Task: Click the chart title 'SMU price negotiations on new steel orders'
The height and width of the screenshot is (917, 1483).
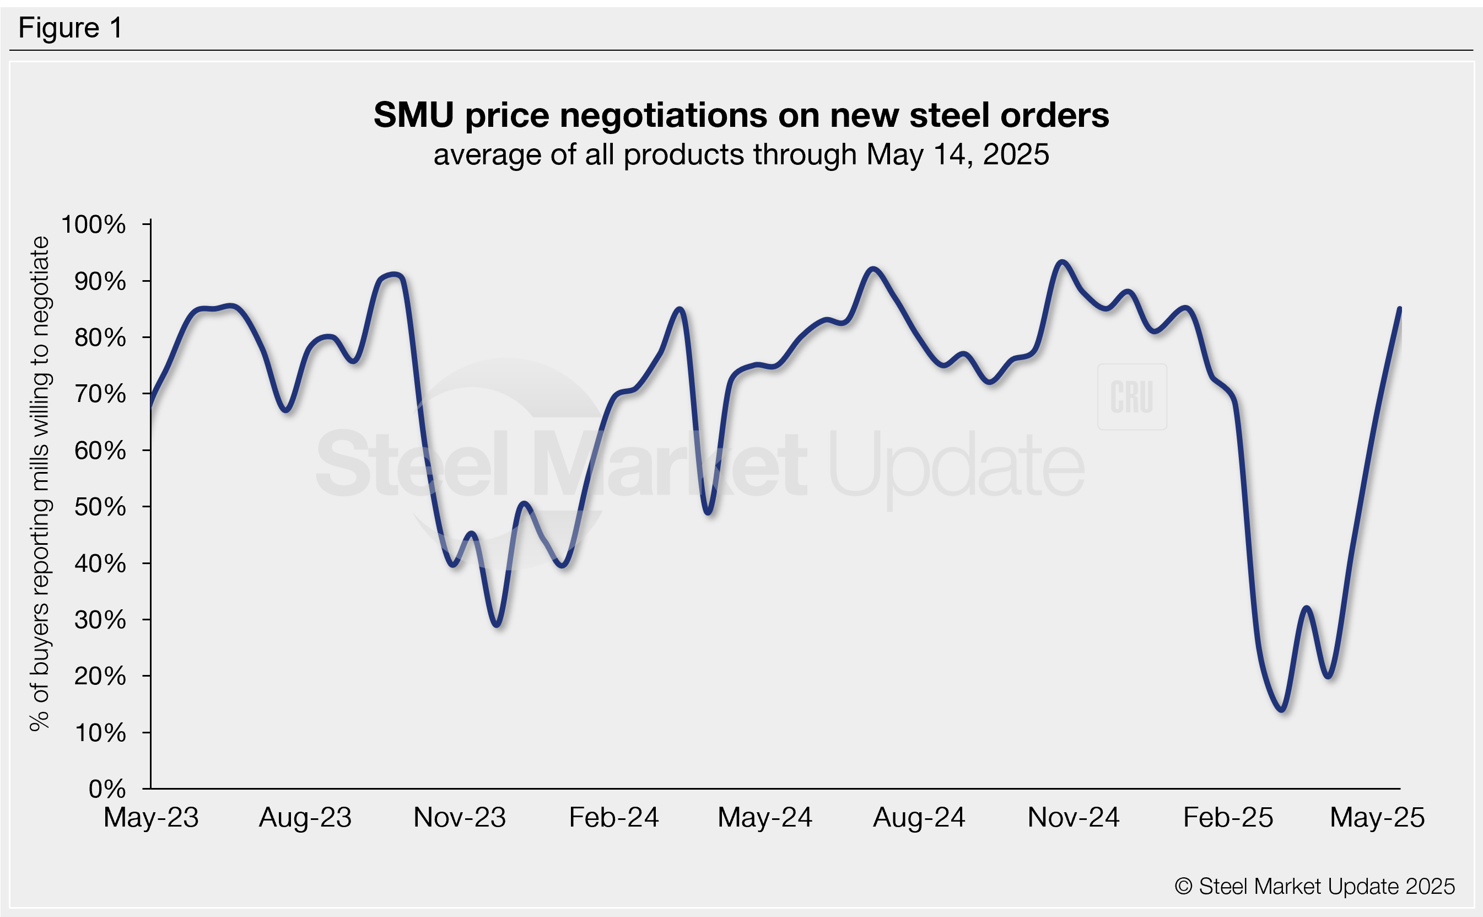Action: pos(741,115)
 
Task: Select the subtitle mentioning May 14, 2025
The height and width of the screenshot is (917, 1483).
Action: pos(741,154)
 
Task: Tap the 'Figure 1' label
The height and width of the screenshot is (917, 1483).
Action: pos(71,28)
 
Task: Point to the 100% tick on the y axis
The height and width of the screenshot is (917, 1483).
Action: pos(94,224)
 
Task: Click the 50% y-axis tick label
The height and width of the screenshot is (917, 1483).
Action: pos(100,507)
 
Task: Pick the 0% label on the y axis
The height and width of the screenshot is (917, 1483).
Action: pos(107,789)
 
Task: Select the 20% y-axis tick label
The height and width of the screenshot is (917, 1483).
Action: pos(100,676)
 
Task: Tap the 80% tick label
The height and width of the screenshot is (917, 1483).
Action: pos(100,338)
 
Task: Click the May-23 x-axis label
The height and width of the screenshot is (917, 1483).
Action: pos(151,818)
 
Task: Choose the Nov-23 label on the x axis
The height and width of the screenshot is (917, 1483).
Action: pos(460,818)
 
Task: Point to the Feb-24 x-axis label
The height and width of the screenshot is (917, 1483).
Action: pos(613,818)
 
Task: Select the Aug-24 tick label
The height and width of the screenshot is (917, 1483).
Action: pos(919,818)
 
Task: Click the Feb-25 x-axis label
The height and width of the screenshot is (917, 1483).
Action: pos(1228,818)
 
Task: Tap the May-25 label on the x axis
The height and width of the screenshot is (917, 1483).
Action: pos(1377,818)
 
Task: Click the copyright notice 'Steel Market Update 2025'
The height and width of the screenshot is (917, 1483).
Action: pos(1314,887)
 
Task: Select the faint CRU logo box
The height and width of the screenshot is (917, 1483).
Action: pos(1131,396)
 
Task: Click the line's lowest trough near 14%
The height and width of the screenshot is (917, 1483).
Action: pos(1282,709)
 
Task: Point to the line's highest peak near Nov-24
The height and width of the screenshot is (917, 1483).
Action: pos(1062,262)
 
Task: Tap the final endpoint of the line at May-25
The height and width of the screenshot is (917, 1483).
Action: pos(1399,309)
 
